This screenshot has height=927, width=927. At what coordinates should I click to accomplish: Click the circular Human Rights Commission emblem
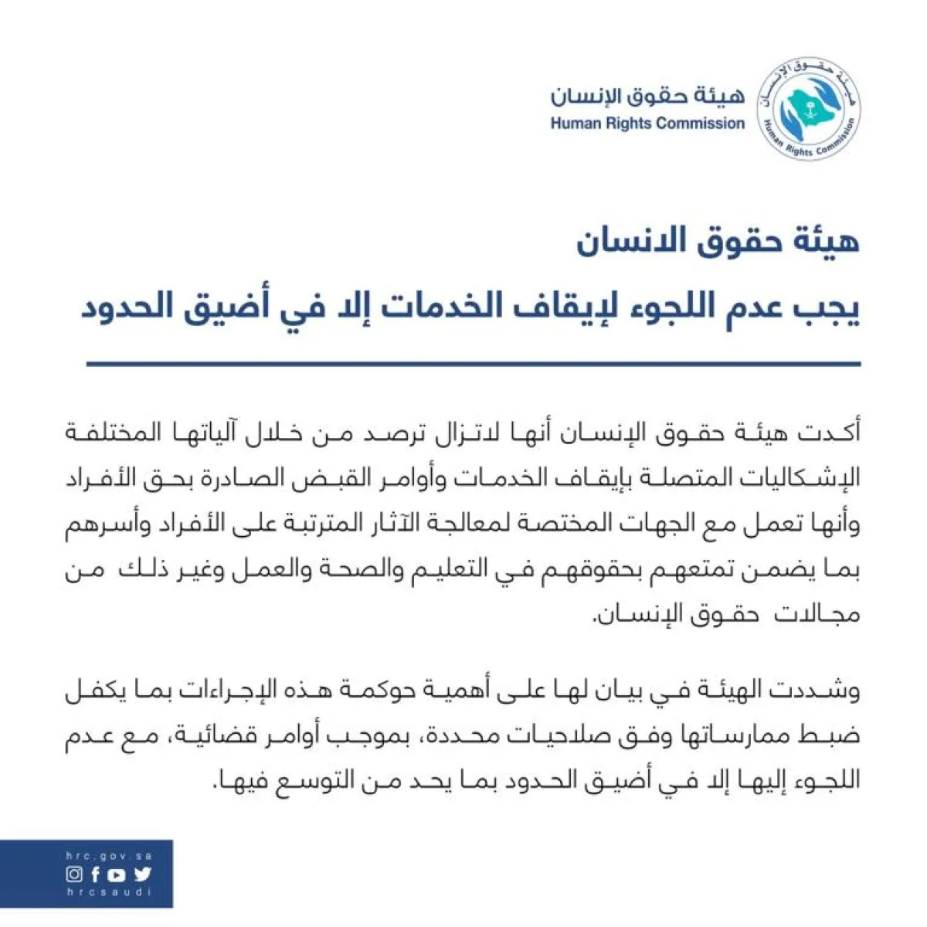808,108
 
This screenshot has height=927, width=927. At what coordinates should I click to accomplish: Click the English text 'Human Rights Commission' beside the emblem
647,124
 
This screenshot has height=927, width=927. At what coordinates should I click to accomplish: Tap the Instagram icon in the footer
74,874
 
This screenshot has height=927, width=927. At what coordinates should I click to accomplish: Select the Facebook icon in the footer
95,874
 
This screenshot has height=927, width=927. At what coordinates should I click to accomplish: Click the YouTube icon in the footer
116,874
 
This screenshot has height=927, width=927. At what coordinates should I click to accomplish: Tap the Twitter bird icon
142,874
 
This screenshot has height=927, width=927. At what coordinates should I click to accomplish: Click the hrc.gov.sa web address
109,857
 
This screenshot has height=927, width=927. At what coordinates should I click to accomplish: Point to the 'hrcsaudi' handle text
109,892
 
